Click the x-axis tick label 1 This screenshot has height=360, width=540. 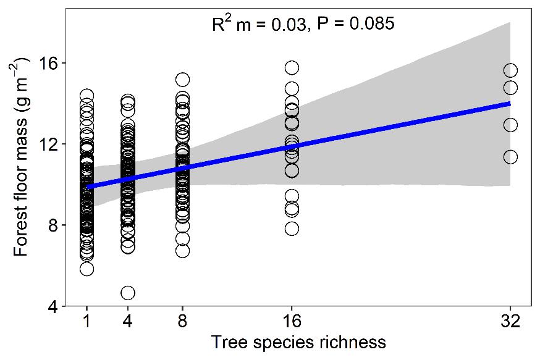pyautogui.click(x=86, y=322)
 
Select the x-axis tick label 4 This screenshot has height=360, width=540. pyautogui.click(x=128, y=322)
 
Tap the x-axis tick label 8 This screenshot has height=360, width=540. pyautogui.click(x=182, y=322)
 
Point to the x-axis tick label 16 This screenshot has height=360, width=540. pyautogui.click(x=292, y=322)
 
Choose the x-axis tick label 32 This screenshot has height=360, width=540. pyautogui.click(x=510, y=322)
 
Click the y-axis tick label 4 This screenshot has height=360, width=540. pyautogui.click(x=54, y=306)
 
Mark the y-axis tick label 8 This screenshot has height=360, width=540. pyautogui.click(x=54, y=225)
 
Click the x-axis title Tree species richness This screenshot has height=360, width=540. pyautogui.click(x=298, y=343)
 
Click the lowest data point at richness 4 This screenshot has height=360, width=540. pyautogui.click(x=128, y=293)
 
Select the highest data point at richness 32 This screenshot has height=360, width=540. pyautogui.click(x=510, y=70)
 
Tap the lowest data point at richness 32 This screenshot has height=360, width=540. pyautogui.click(x=510, y=157)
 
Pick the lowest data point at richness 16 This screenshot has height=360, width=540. pyautogui.click(x=292, y=228)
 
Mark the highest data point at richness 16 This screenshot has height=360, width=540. pyautogui.click(x=292, y=67)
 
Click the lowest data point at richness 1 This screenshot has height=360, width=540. pyautogui.click(x=86, y=269)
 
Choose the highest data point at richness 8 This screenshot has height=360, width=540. pyautogui.click(x=182, y=80)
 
